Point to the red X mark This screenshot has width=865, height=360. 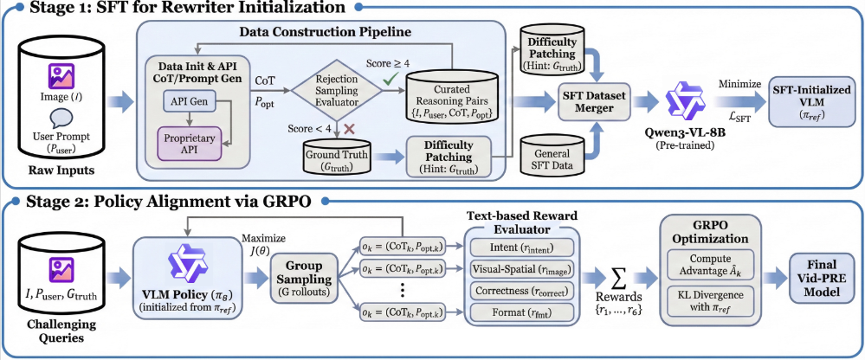pos(348,130)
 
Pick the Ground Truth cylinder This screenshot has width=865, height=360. pos(337,157)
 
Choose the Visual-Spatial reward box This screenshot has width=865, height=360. pos(520,269)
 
